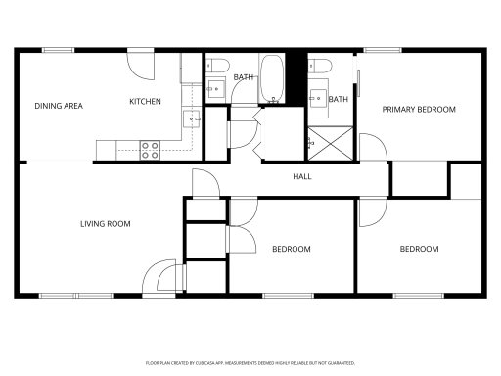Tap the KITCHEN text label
point(146,102)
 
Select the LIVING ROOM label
point(105,224)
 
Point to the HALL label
point(302,177)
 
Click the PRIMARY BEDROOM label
point(419,110)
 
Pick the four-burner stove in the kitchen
point(150,150)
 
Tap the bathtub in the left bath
point(271,78)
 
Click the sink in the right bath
point(319,97)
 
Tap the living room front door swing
point(159,278)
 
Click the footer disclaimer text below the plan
point(250,362)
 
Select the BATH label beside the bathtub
point(244,76)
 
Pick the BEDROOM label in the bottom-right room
point(419,250)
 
